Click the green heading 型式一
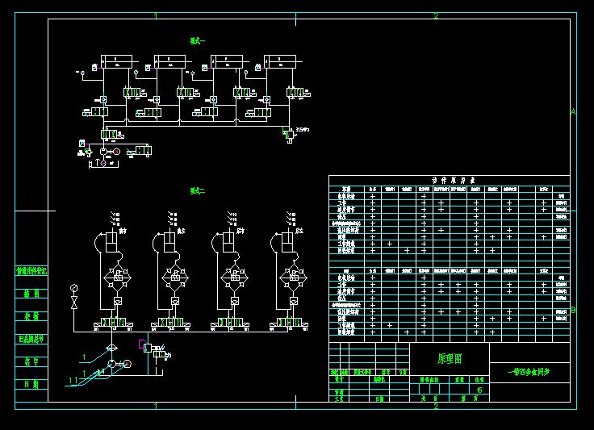(198, 40)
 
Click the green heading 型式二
(198, 191)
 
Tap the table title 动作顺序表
(449, 181)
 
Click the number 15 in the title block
(480, 390)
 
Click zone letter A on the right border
(573, 112)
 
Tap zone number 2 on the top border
(436, 15)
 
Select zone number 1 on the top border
(156, 15)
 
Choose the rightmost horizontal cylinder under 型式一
(282, 61)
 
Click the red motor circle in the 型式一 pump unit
(116, 151)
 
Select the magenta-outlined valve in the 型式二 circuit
(145, 344)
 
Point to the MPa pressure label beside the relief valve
(303, 129)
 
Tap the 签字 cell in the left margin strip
(31, 361)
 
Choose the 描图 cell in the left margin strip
(31, 294)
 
